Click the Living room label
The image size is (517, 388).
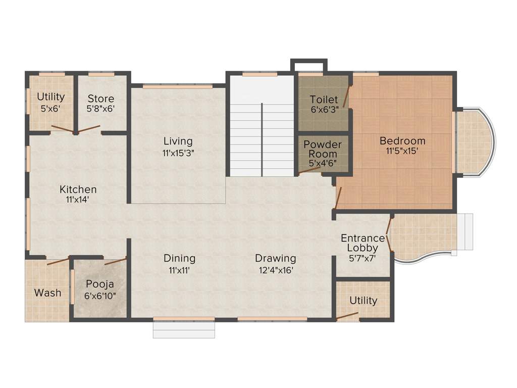point(178,141)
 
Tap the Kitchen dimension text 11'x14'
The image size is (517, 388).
point(78,200)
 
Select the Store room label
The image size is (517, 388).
point(100,99)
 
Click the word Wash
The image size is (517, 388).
point(48,293)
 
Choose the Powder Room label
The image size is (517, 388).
point(322,149)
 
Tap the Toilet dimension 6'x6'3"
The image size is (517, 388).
point(324,109)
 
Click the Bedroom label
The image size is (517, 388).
point(402,140)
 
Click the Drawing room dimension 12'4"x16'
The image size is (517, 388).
point(275,270)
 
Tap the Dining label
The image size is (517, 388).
point(179,258)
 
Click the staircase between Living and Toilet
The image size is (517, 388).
point(262,136)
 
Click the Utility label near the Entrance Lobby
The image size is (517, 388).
point(363,301)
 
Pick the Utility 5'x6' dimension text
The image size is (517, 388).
point(51,108)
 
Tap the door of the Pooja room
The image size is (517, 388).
point(115,261)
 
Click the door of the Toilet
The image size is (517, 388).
point(346,96)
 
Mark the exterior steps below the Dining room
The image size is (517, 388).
point(184,329)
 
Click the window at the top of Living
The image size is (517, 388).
point(177,86)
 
